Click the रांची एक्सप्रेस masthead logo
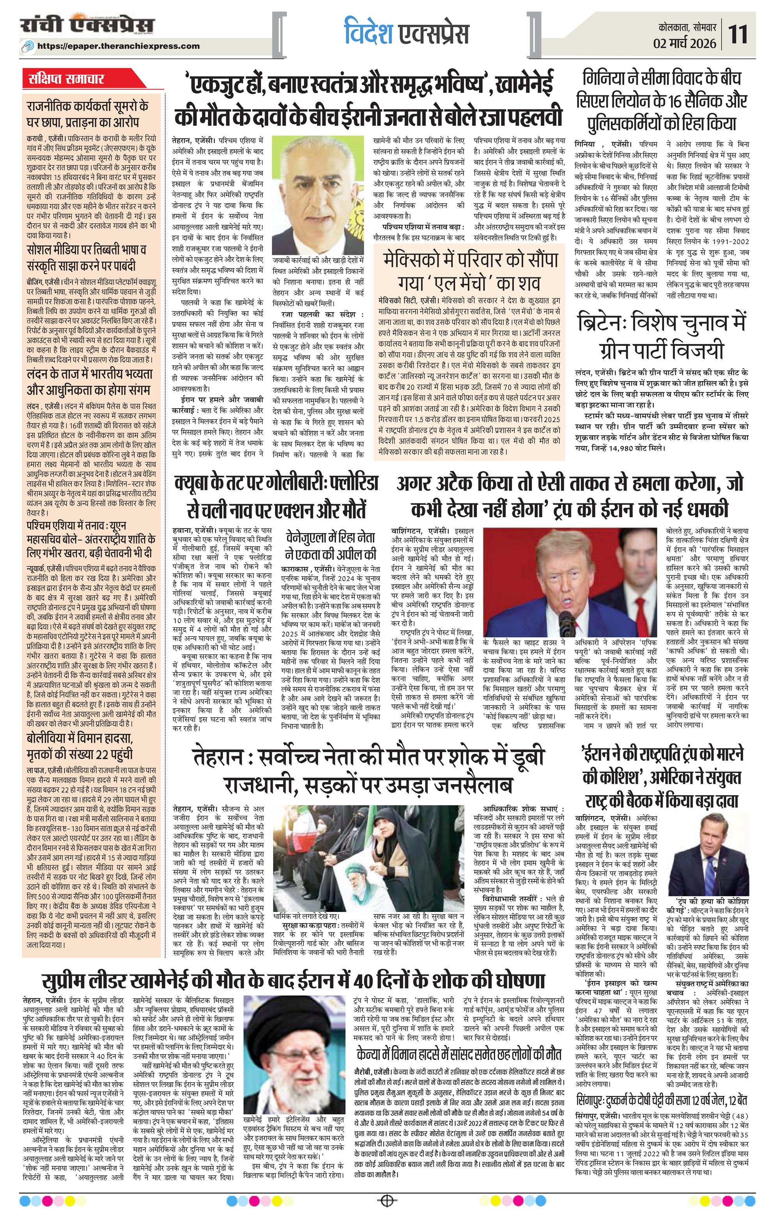(87, 26)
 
